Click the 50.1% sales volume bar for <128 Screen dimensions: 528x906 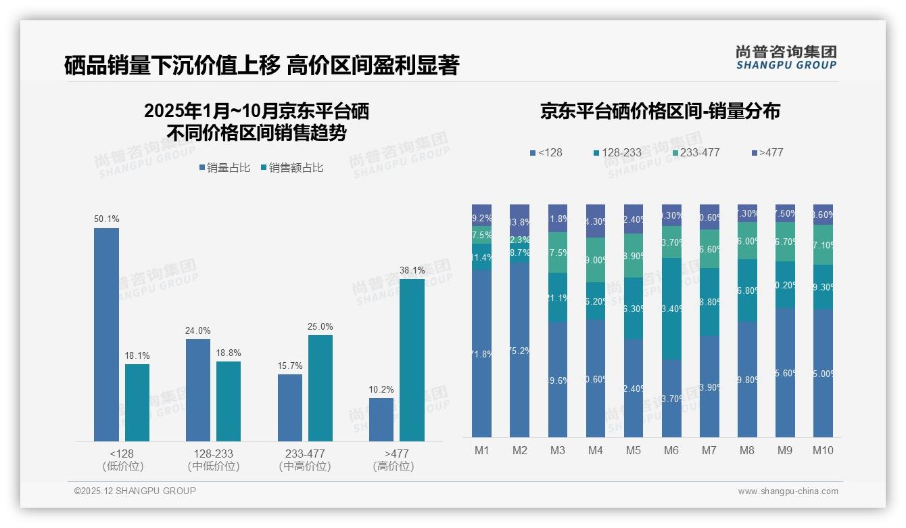(106, 334)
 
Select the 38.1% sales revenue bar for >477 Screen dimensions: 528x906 (412, 359)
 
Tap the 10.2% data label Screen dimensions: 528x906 (381, 389)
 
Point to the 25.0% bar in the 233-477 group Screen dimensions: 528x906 (320, 388)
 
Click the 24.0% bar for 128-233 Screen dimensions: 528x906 (198, 390)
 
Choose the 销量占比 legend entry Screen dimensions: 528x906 (226, 168)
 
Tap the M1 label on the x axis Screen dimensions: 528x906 (481, 450)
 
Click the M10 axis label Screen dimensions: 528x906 (823, 450)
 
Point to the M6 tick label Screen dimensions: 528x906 (671, 450)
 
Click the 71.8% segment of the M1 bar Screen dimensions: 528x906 (481, 353)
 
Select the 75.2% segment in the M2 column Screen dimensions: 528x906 (519, 349)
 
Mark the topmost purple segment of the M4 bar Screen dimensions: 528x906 (596, 221)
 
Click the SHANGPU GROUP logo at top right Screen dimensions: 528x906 (786, 58)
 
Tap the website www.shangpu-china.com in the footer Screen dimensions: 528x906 (788, 491)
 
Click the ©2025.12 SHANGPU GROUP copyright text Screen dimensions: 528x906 (135, 491)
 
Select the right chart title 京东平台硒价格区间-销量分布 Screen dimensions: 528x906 (660, 111)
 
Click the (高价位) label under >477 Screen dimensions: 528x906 (393, 466)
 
